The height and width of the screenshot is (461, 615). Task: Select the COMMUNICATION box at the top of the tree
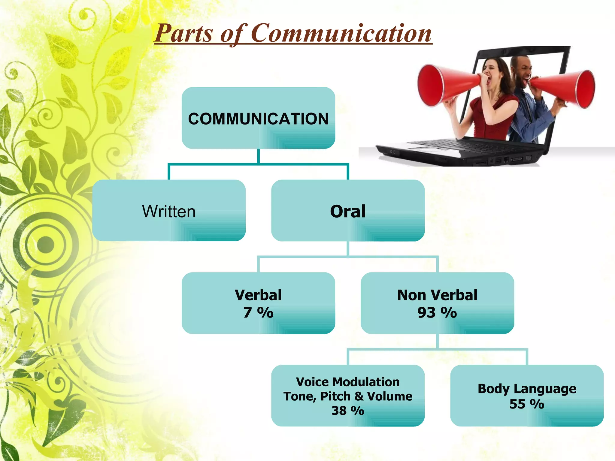pos(258,118)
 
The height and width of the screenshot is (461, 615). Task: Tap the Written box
pos(169,211)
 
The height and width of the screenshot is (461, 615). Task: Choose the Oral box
pos(348,211)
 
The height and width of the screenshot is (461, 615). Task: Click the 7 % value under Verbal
pos(258,312)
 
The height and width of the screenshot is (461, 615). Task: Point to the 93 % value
pos(437,312)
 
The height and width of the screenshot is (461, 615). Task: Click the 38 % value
pos(348,410)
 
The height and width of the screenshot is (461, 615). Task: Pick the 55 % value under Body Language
pos(527,404)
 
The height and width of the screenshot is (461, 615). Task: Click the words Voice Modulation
pos(348,382)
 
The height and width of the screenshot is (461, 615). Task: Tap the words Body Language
pos(527,388)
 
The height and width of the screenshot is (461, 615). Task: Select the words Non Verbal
pos(437,295)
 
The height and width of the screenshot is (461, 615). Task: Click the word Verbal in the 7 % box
pos(258,295)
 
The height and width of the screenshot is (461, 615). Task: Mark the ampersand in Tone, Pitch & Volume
pos(359,396)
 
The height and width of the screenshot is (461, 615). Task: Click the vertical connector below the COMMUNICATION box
pos(258,156)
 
